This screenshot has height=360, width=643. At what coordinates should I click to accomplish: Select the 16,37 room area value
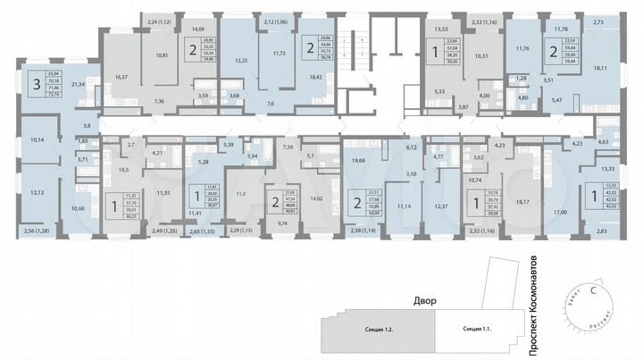click(120, 78)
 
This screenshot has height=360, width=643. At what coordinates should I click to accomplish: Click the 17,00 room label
click(560, 212)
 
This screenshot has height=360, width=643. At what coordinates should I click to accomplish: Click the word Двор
click(423, 301)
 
